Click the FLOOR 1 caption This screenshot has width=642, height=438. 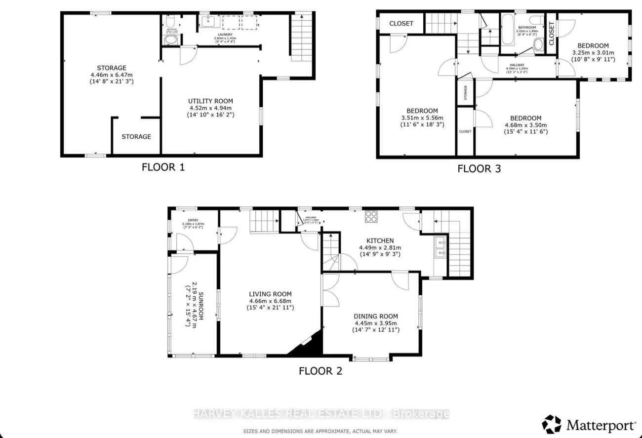(x=163, y=167)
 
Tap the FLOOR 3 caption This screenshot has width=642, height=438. (x=479, y=168)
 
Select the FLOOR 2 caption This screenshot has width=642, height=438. (x=320, y=370)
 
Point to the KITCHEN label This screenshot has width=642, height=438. (x=379, y=240)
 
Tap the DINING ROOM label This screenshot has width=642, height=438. (x=375, y=317)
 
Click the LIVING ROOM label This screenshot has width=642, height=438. (x=270, y=294)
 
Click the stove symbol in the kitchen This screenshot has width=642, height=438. (x=371, y=216)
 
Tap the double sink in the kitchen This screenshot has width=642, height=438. (x=439, y=247)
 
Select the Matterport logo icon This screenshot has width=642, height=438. (x=551, y=424)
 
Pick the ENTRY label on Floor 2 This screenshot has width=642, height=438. (x=193, y=221)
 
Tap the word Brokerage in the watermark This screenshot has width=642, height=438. (x=426, y=414)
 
